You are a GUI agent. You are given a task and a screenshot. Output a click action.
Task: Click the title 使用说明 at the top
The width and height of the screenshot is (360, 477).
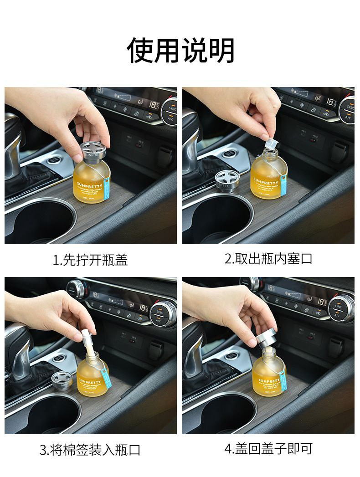[x=180, y=50]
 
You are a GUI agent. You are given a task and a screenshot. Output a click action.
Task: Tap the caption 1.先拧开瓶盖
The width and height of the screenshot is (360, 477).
[x=90, y=260]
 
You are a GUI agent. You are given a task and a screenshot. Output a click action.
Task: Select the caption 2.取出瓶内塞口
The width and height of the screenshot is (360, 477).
[x=269, y=259]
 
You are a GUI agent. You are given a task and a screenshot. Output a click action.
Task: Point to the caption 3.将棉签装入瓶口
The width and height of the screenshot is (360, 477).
[x=90, y=451]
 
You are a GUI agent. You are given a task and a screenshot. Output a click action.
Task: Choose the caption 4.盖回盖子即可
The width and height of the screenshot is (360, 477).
[x=269, y=449]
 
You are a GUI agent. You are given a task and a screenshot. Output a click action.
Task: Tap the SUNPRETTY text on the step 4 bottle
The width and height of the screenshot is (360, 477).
[x=269, y=380]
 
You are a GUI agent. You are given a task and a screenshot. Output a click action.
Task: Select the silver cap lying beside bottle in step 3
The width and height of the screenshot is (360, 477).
[x=61, y=380]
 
